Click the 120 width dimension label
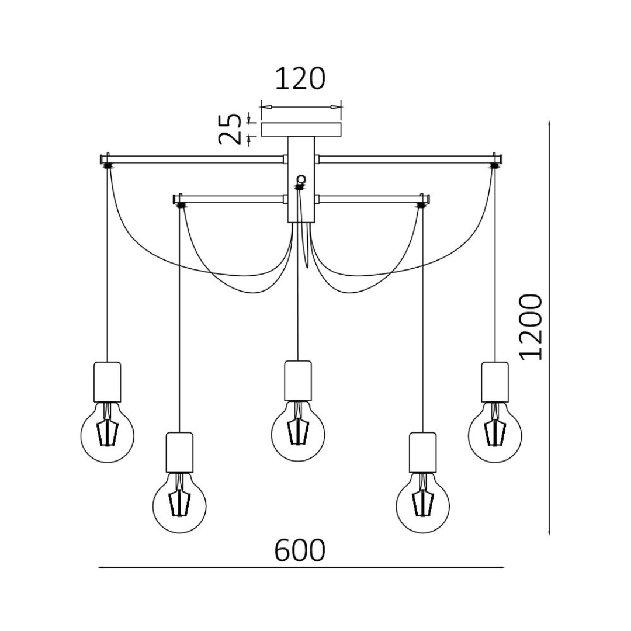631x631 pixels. pos(300,79)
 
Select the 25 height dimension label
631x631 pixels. pos(230,129)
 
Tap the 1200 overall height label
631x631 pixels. pos(532,327)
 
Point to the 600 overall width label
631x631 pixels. pos(300,550)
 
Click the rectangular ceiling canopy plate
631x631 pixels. pos(301,129)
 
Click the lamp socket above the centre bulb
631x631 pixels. pos(298,380)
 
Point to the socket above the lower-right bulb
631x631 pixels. pos(422,452)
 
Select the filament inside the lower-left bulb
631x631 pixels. pos(179,501)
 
